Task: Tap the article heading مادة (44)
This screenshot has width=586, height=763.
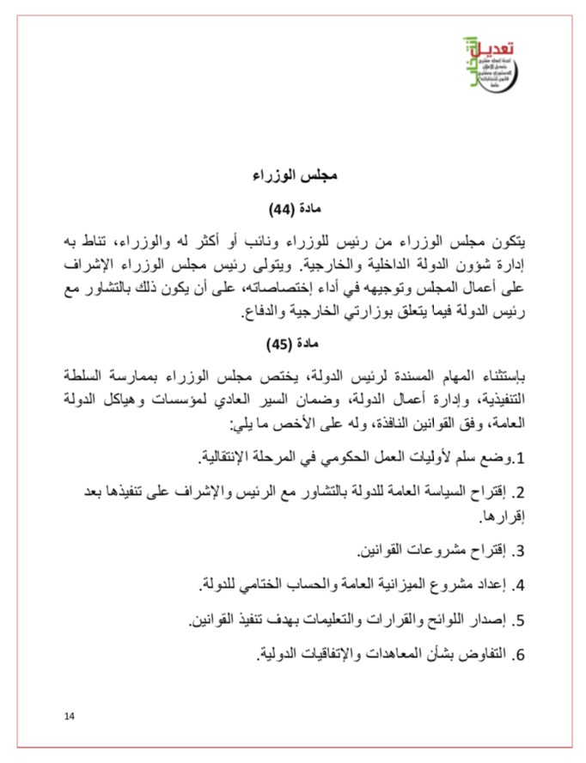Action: [x=295, y=208]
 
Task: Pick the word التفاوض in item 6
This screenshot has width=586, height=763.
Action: [x=482, y=655]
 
